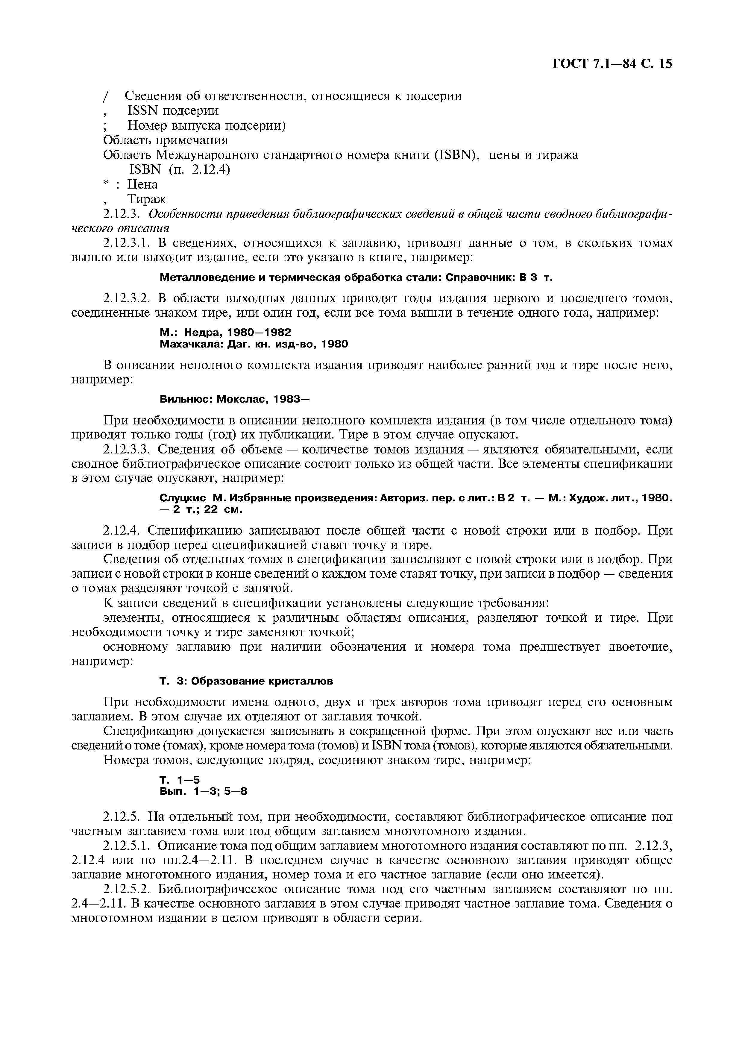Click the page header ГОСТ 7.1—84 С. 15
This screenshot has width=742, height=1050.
point(612,64)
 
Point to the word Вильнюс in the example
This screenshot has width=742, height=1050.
point(185,399)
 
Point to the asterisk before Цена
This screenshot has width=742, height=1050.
point(106,183)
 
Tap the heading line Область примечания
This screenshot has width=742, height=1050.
point(166,139)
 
